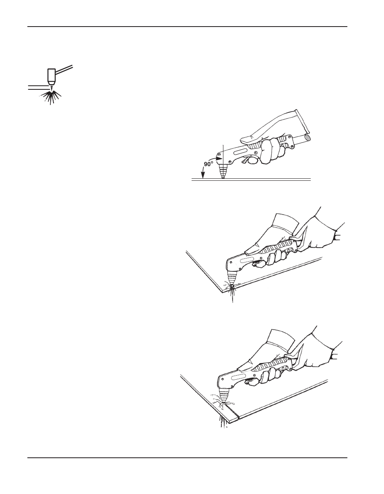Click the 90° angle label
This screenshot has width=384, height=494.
pyautogui.click(x=209, y=164)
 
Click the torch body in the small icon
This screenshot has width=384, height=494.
pyautogui.click(x=52, y=76)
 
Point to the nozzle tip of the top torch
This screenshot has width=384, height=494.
pyautogui.click(x=223, y=177)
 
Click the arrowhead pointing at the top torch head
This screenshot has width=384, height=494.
pyautogui.click(x=219, y=158)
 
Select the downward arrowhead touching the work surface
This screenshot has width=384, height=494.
pyautogui.click(x=203, y=175)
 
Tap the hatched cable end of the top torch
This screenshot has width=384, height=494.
pyautogui.click(x=308, y=137)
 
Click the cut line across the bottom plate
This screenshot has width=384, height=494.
pyautogui.click(x=233, y=412)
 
